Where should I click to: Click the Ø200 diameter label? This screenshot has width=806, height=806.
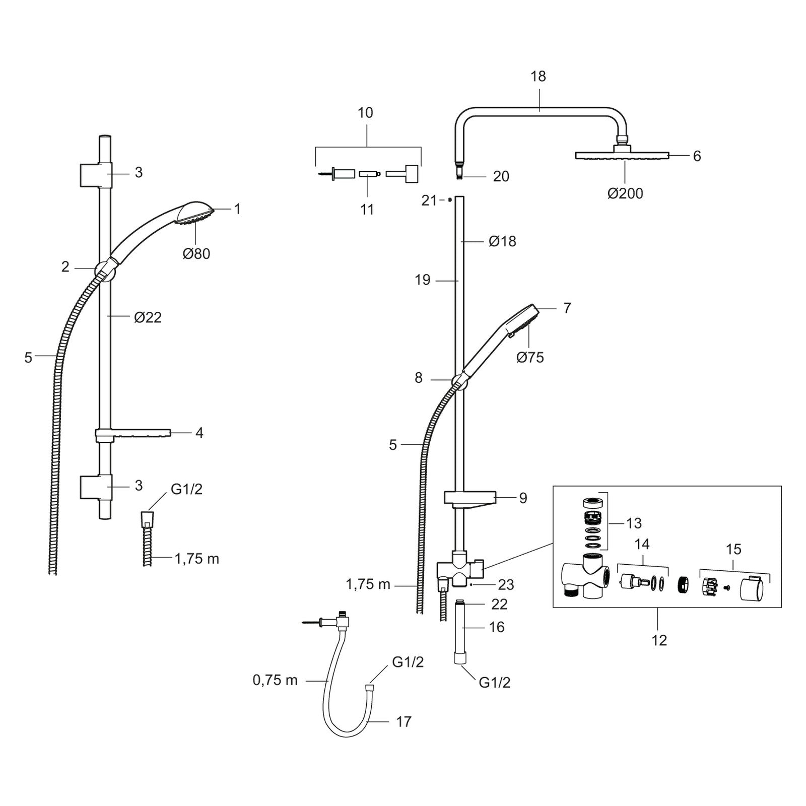tap(625, 193)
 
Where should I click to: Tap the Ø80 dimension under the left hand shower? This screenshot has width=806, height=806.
tap(196, 253)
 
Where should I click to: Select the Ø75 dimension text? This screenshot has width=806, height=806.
tap(530, 357)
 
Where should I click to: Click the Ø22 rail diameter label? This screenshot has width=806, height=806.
tap(148, 317)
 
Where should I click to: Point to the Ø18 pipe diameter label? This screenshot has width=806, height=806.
tap(502, 241)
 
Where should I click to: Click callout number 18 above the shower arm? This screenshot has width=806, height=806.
tap(538, 77)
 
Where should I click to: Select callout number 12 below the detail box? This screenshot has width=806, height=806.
tap(659, 640)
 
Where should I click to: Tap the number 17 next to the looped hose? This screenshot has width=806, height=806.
tap(404, 722)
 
